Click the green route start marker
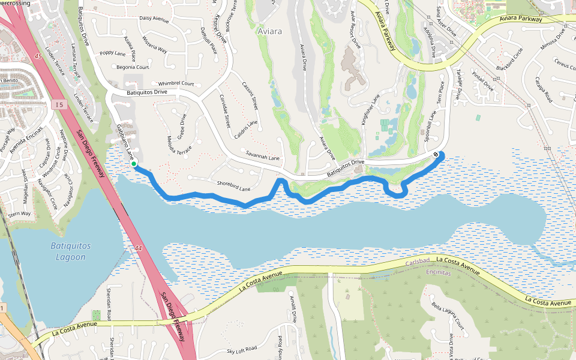(134, 163)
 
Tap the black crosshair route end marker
(436, 154)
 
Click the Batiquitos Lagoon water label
(68, 251)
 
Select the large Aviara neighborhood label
(269, 30)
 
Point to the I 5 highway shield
(58, 104)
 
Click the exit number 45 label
(38, 56)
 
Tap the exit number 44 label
(139, 248)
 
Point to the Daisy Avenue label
(154, 19)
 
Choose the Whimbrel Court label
(176, 83)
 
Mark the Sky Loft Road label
(242, 349)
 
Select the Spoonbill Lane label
(430, 125)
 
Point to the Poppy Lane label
(113, 53)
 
